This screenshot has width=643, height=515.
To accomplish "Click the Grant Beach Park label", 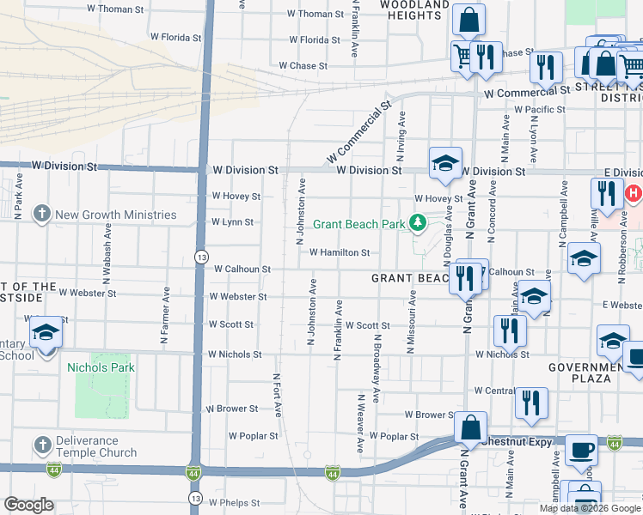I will pyautogui.click(x=358, y=225).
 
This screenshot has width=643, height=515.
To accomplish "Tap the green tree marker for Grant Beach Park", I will pyautogui.click(x=418, y=224).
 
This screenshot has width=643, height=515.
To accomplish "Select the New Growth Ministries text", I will pyautogui.click(x=116, y=215).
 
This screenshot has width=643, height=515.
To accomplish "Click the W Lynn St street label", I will pyautogui.click(x=232, y=222).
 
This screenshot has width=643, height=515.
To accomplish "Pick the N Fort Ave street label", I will pyautogui.click(x=277, y=395).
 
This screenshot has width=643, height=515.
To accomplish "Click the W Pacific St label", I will pyautogui.click(x=539, y=110).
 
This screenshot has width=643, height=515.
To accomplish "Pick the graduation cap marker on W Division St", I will pyautogui.click(x=445, y=163).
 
